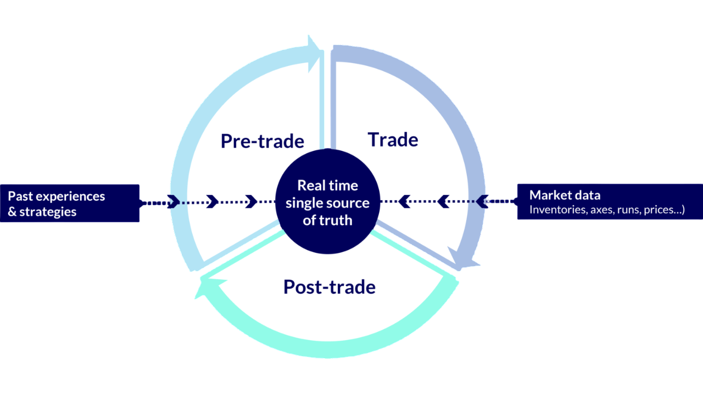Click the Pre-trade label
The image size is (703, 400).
(262, 141)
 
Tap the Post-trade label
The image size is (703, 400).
(329, 286)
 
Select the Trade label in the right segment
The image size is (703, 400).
(393, 139)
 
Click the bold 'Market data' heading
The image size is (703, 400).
(565, 195)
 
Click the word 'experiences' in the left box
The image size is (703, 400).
(70, 196)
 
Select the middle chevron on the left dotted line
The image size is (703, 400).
(213, 201)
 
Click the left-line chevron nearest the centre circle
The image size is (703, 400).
(251, 201)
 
